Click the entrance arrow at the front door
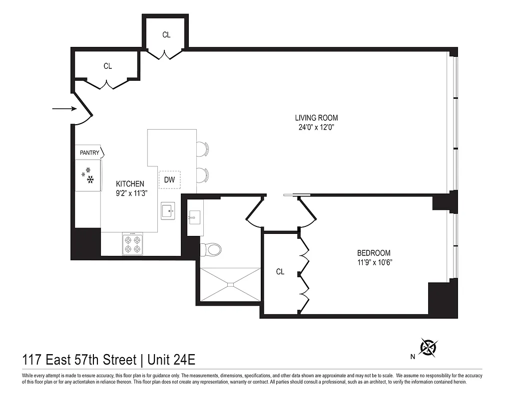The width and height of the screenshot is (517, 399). pos(63,108)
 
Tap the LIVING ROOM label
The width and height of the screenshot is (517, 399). pos(316,118)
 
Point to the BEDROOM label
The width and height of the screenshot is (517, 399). pos(374,253)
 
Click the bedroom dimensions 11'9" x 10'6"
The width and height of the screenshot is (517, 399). pos(374,262)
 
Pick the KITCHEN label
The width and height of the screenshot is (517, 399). pos(130,184)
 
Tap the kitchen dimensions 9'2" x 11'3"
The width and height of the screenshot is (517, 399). pos(130,193)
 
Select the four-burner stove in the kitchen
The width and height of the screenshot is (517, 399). pos(132,244)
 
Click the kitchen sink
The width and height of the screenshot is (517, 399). pos(168,211)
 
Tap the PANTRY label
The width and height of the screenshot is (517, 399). pos(89,153)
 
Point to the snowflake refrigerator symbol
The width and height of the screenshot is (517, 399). pos(88,177)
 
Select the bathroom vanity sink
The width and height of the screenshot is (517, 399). pos(194,217)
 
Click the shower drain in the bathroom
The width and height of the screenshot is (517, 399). pos(230,285)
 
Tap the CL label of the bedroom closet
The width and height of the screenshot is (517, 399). pos(280,272)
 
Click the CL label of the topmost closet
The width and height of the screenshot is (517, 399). pos(166,35)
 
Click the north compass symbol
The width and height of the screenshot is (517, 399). pos(428,347)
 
